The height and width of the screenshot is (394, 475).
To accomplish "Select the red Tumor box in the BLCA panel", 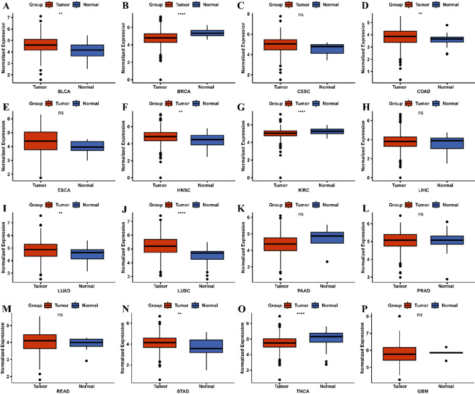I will click(40, 44).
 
